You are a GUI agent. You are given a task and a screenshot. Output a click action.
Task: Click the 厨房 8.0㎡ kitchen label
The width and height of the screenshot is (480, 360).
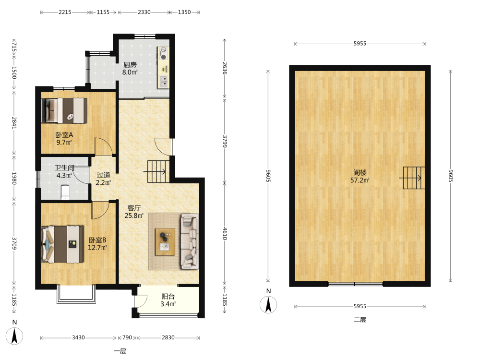coord(130,69)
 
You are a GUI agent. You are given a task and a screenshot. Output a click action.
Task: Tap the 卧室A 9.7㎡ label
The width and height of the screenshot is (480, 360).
coord(64,139)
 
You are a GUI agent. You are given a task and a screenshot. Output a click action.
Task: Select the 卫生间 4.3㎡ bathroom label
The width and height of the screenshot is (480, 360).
coord(64,171)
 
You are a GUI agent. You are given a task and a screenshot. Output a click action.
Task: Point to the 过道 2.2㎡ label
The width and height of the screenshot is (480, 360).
coord(103,179)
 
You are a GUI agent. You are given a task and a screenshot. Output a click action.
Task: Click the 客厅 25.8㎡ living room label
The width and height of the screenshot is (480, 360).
coord(134,212)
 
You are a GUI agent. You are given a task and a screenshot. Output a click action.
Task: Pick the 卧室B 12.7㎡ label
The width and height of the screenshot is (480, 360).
coord(97,244)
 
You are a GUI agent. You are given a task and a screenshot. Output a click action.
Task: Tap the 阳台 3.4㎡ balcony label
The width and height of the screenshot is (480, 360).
coord(168,300)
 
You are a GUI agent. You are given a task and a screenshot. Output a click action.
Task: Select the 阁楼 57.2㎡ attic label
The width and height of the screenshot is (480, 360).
coord(360,176)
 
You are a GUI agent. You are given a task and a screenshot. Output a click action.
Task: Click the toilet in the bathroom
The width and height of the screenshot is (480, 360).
coord(65,192)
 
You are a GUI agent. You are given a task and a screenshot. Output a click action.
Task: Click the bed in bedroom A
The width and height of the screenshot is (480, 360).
coord(64,110)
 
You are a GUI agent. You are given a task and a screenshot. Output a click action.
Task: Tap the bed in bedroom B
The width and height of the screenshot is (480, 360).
coord(62,244)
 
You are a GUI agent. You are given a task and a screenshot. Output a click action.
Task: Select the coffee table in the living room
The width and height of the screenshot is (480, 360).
coord(165,242)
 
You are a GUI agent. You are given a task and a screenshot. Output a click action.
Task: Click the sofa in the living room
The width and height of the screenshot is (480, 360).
coord(190,241)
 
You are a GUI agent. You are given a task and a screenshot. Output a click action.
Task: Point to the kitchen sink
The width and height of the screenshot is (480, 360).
coord(163,82)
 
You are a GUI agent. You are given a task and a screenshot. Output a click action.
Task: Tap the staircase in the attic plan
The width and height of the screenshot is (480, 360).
coord(414,178)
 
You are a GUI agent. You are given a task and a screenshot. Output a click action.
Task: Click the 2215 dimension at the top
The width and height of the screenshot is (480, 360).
coord(65,12)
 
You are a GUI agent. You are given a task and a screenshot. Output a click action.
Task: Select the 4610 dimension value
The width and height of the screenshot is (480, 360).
coord(225,234)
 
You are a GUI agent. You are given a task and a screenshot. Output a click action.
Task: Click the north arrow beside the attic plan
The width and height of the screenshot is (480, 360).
coord(268,305)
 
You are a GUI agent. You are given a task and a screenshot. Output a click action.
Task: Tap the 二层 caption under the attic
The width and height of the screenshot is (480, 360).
coord(360,320)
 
